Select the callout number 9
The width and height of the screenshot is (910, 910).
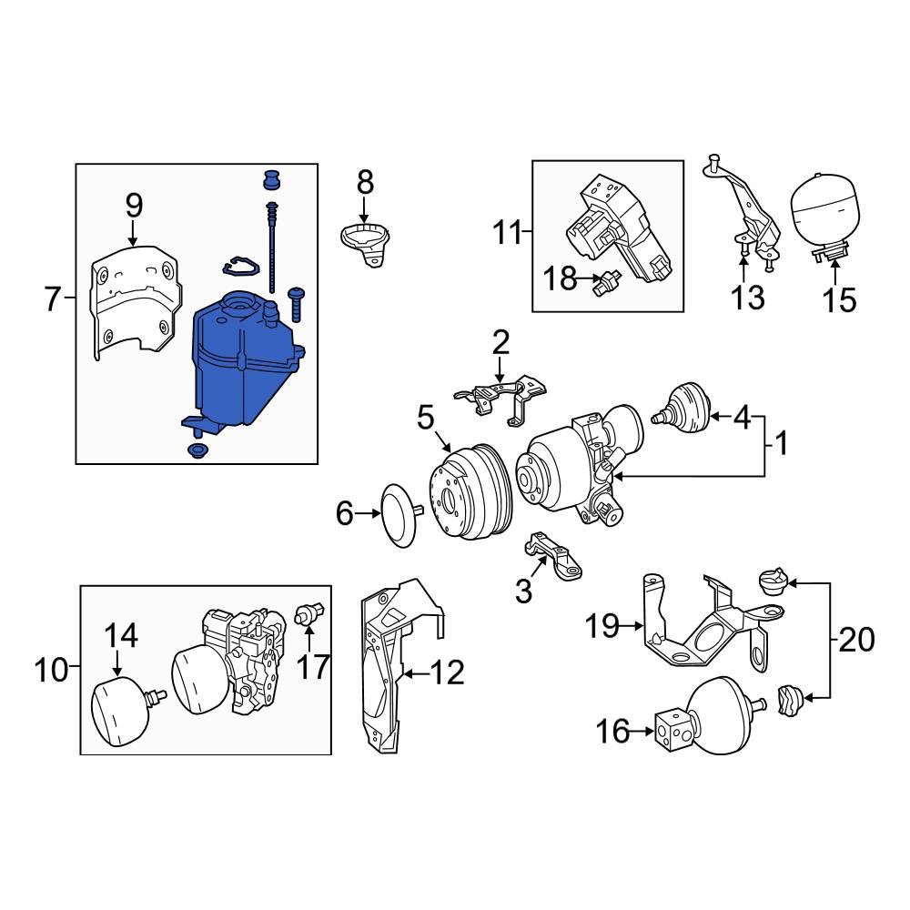pos(134,206)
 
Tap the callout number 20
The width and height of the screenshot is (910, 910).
pos(854,640)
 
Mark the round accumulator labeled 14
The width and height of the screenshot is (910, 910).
pos(120,708)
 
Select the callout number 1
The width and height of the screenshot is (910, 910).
pos(781,445)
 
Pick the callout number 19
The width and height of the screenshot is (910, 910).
pos(602,625)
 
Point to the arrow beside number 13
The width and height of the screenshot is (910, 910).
pos(743,268)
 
